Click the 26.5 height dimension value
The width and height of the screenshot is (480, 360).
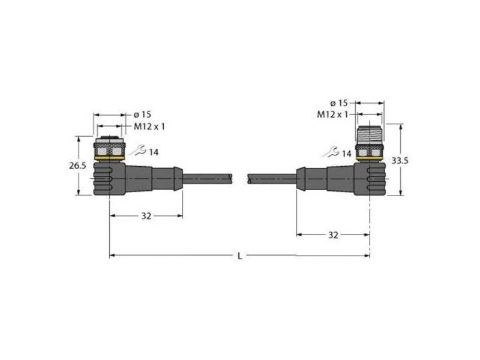click(77, 166)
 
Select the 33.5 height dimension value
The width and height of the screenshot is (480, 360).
click(400, 160)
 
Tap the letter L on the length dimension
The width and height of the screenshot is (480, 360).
click(240, 256)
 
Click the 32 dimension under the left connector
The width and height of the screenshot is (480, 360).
click(146, 216)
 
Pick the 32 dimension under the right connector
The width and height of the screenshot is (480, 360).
click(334, 235)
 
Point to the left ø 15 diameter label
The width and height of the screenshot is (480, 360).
click(142, 115)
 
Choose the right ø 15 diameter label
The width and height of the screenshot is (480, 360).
click(339, 103)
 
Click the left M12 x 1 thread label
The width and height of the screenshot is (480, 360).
click(149, 127)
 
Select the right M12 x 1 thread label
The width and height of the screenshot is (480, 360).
click(332, 115)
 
